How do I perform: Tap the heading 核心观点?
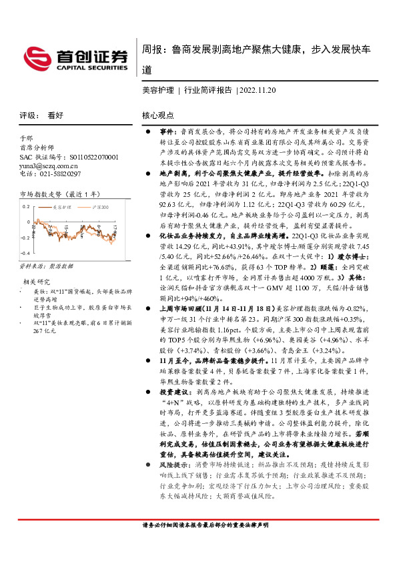click(x=157, y=115)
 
